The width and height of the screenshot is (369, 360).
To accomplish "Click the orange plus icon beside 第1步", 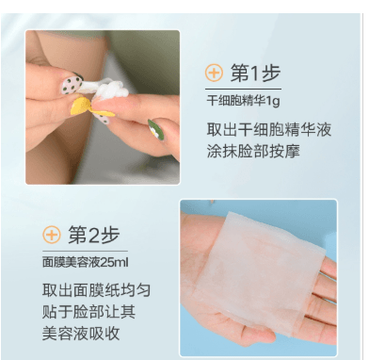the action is click(214, 74).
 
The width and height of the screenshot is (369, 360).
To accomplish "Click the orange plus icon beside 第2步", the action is click(52, 235).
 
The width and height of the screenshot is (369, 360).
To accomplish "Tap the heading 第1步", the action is click(255, 73).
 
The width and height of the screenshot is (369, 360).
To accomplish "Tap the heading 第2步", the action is click(94, 235).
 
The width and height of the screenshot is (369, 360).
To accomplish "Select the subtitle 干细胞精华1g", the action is click(243, 101).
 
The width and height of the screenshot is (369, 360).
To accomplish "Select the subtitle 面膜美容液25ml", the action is click(86, 262).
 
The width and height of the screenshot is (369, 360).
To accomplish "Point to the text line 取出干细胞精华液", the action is click(269, 129).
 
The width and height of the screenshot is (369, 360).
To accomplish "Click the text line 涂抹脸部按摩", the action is click(253, 151).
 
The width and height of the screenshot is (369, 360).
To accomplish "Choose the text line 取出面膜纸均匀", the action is click(97, 290).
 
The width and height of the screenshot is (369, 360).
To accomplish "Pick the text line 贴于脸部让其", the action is click(89, 312).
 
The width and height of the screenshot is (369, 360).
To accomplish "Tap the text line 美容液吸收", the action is click(81, 334).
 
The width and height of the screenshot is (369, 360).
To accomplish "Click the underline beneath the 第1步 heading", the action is click(243, 90).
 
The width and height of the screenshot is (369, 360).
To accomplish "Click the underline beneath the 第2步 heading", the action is click(86, 251).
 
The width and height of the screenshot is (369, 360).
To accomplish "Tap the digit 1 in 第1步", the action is click(255, 74).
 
